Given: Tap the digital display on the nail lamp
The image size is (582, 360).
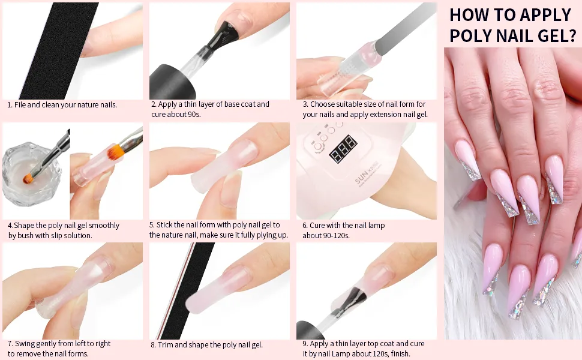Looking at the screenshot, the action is pos(343,149).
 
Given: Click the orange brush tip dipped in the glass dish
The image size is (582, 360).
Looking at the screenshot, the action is pos(28,179).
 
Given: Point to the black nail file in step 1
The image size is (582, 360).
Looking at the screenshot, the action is pos(59,51).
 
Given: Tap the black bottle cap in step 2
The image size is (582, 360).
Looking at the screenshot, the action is pos(172,82).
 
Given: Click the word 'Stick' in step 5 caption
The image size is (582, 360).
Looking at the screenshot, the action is pos(164,224).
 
